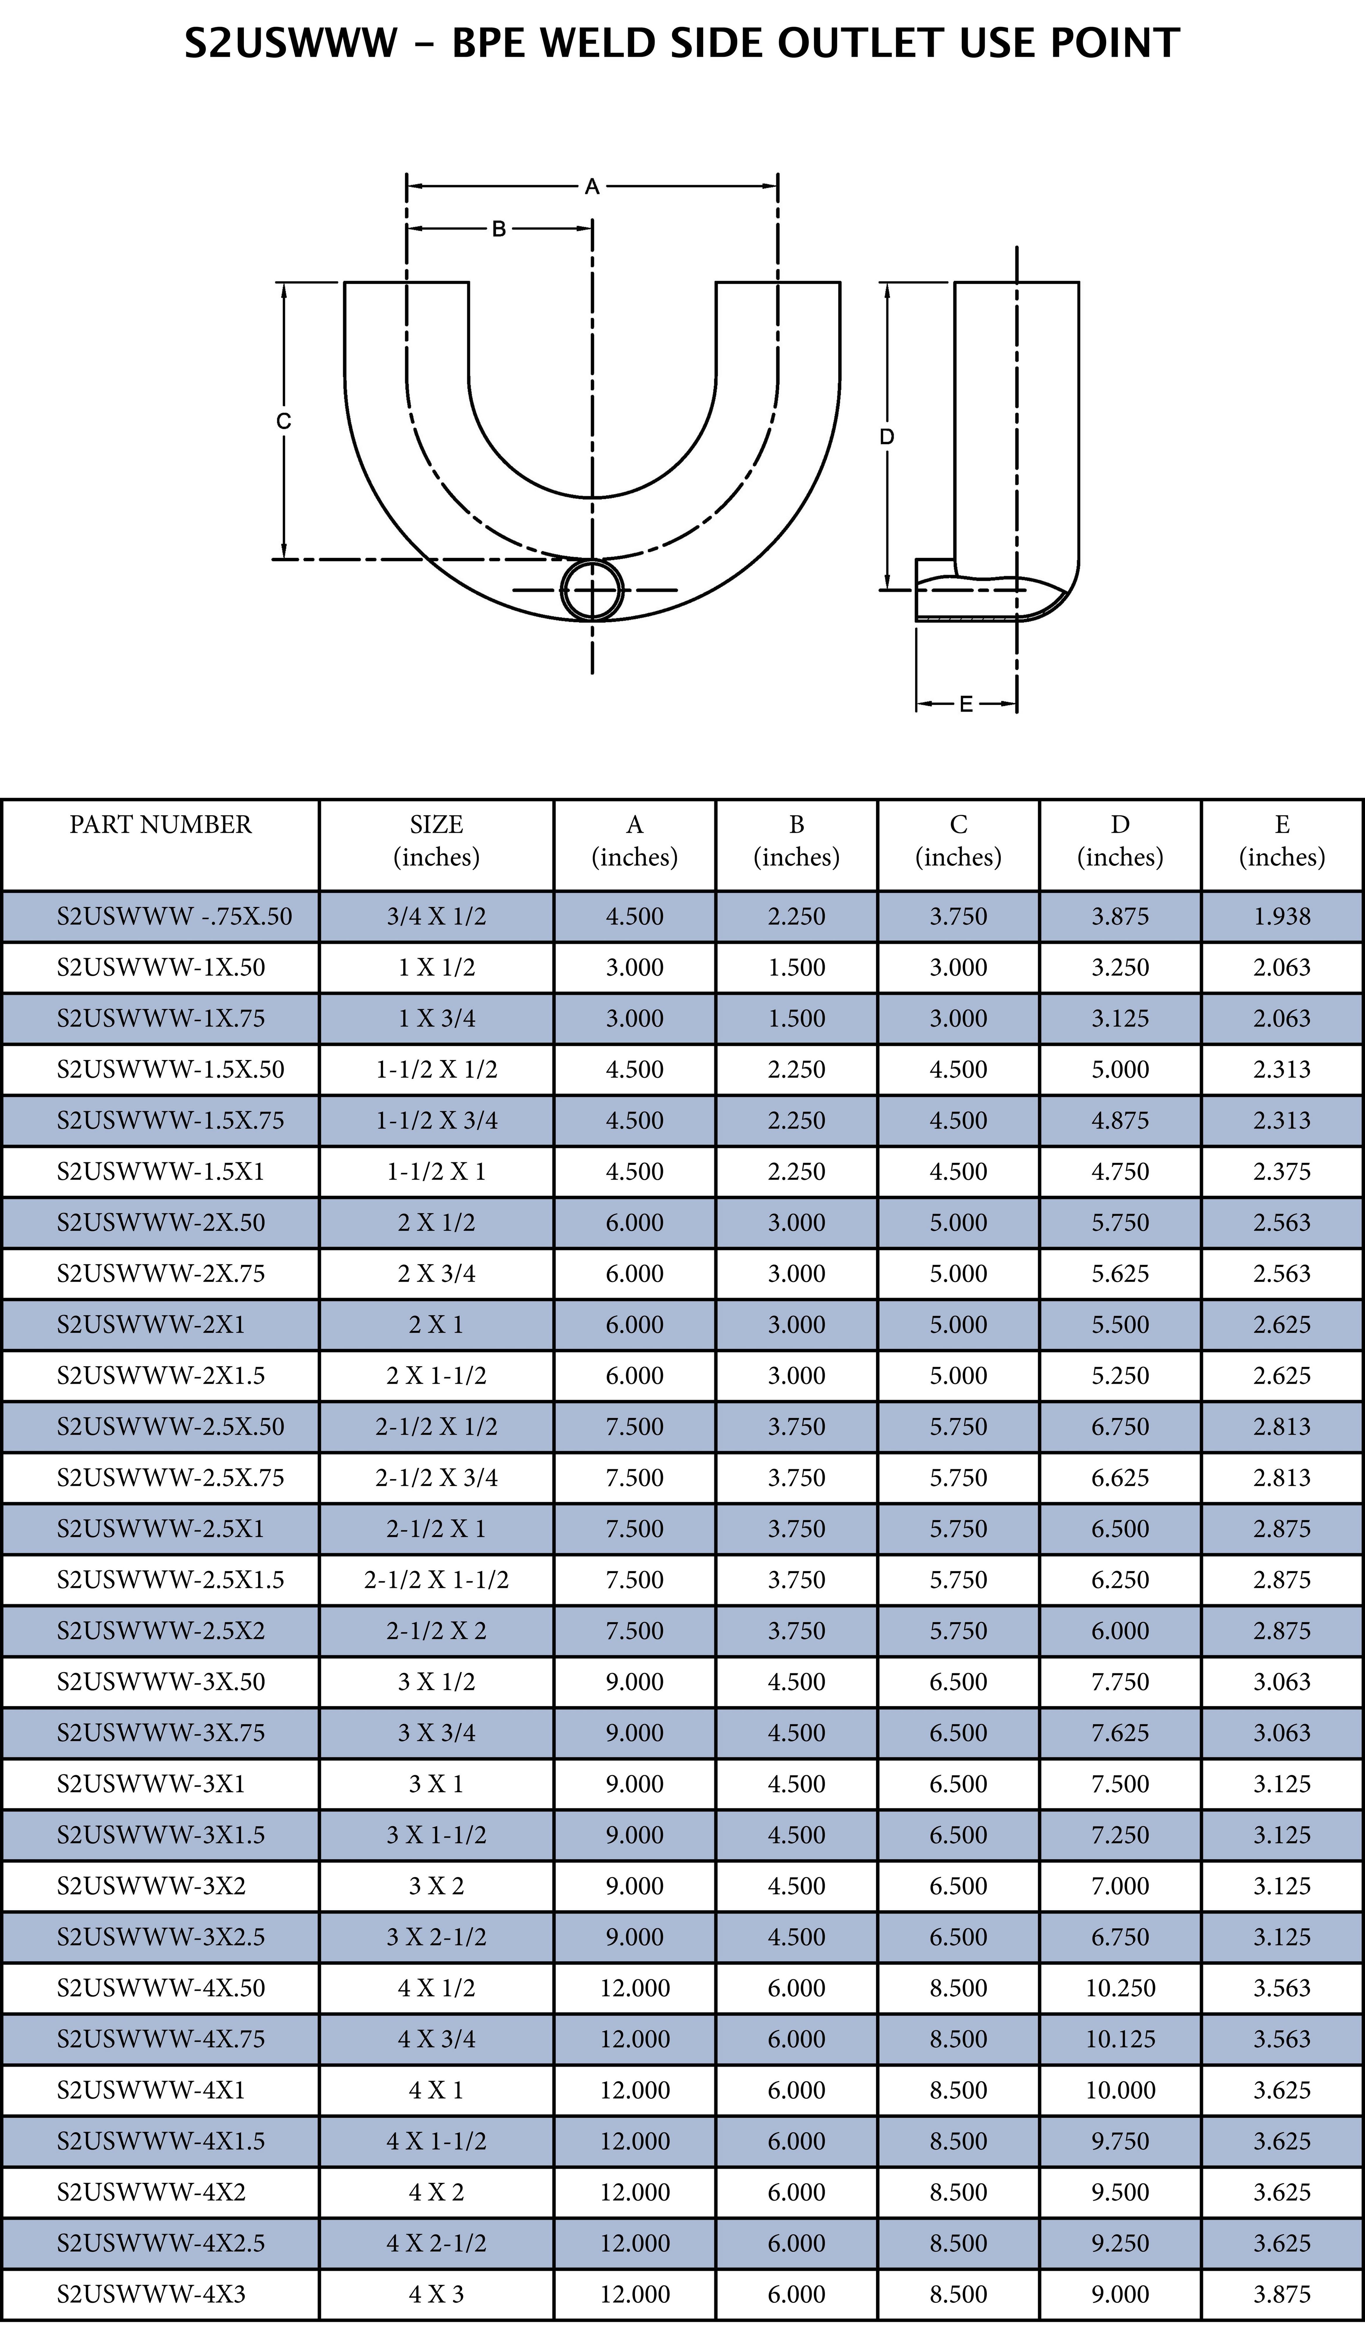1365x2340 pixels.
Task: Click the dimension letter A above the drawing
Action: (x=591, y=187)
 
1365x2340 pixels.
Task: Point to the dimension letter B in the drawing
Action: (x=499, y=228)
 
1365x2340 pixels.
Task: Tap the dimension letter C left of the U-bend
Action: (x=284, y=421)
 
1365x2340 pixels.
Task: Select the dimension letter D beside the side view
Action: (x=887, y=436)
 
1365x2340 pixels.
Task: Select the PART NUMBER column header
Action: (x=161, y=825)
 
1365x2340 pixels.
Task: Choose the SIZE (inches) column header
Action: (x=436, y=840)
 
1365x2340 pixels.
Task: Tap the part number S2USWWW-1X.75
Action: (x=161, y=1019)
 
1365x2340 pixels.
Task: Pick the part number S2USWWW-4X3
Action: (x=151, y=2294)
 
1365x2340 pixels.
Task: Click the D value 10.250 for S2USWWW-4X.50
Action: (x=1121, y=1988)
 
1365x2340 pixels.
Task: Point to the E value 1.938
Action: (x=1282, y=916)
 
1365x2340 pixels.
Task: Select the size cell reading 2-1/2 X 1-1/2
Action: (x=436, y=1579)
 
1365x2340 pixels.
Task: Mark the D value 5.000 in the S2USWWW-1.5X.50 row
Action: (x=1121, y=1070)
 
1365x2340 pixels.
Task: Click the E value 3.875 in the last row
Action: (x=1282, y=2294)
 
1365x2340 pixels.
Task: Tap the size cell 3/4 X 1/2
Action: (x=436, y=916)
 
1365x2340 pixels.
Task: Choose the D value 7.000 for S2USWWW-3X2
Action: (x=1121, y=1886)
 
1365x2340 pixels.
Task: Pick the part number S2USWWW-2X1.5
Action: (x=161, y=1375)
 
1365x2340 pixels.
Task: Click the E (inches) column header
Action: (x=1282, y=840)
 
